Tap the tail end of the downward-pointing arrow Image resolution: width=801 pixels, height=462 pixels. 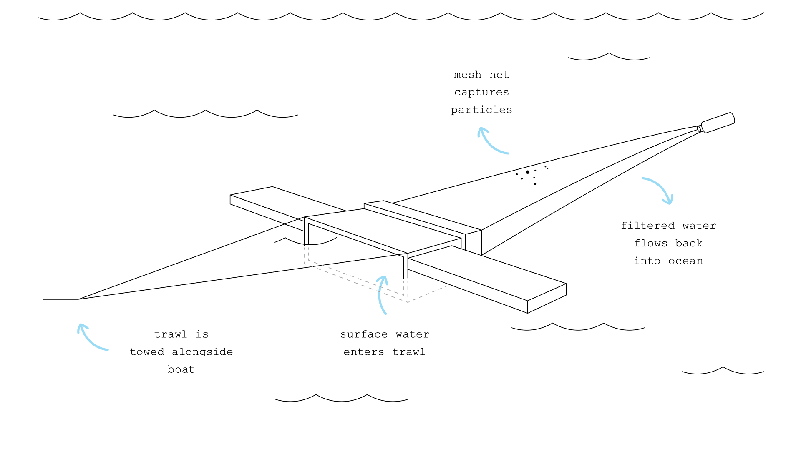(642, 178)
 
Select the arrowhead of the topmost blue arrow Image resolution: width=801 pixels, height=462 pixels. (480, 128)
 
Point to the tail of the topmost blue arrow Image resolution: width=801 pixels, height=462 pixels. (508, 153)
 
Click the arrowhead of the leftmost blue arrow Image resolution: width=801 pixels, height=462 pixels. (80, 325)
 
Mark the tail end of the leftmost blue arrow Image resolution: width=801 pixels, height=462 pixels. (108, 350)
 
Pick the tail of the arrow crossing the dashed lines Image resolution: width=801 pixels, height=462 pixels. (386, 314)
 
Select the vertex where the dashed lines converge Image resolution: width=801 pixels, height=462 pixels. (408, 301)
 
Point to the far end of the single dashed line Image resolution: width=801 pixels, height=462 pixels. (447, 286)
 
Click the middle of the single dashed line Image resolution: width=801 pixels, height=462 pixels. (428, 294)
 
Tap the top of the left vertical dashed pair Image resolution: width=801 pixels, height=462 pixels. (306, 248)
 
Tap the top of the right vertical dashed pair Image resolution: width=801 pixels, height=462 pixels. (406, 281)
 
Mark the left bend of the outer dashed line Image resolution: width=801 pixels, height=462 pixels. (305, 263)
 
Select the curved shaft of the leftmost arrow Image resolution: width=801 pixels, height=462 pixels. (90, 341)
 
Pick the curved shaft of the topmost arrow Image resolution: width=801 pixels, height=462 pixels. (491, 145)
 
